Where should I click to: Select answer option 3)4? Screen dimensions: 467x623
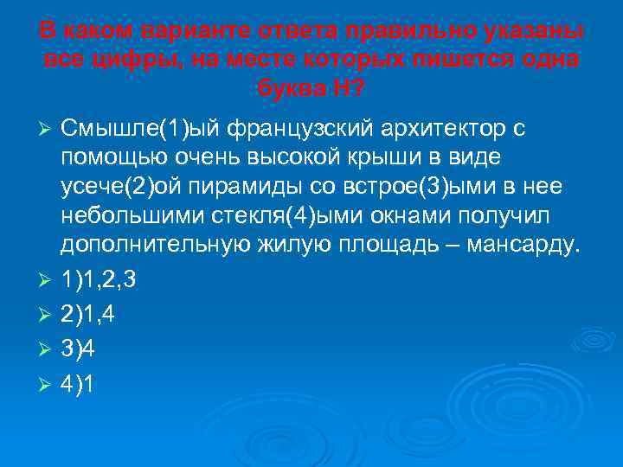[x=77, y=349]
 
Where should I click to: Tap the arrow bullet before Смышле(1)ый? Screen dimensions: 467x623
[x=48, y=130]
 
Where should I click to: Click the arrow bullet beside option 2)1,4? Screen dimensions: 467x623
[x=48, y=317]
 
